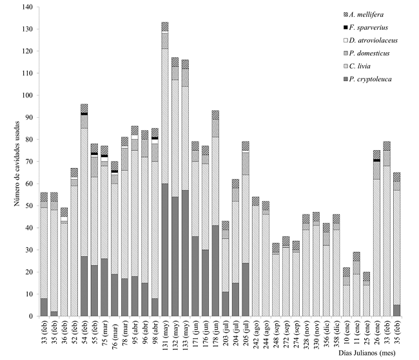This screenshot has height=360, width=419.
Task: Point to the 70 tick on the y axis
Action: [28, 162]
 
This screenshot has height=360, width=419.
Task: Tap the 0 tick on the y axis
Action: [30, 316]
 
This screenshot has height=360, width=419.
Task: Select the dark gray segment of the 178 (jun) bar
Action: [215, 270]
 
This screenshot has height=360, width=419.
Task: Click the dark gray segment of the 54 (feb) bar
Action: [84, 287]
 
